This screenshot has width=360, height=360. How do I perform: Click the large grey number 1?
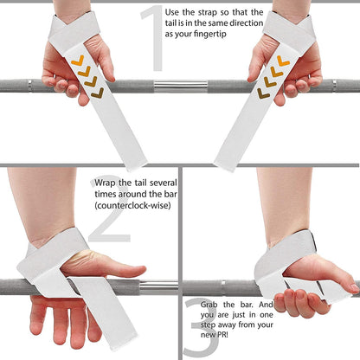pyautogui.click(x=152, y=39)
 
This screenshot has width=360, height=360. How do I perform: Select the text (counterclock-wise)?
pyautogui.click(x=130, y=209)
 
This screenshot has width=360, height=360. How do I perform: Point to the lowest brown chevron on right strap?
pyautogui.click(x=262, y=93)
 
